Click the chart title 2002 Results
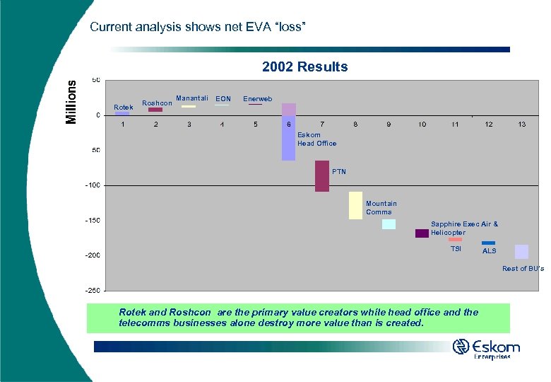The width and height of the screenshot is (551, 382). [x=304, y=67]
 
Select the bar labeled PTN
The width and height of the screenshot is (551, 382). [x=322, y=176]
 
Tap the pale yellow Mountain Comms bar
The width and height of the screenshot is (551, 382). [x=355, y=205]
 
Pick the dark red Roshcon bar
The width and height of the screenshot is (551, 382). [x=155, y=110]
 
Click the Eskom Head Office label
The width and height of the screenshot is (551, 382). [x=316, y=139]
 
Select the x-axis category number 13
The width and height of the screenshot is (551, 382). [x=521, y=125]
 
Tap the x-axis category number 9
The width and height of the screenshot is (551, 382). [x=389, y=125]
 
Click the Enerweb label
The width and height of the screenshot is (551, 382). [x=257, y=99]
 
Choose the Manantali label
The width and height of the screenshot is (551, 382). [x=191, y=98]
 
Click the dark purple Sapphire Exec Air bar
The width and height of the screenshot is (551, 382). [x=422, y=233]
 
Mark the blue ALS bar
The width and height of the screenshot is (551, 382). [x=488, y=243]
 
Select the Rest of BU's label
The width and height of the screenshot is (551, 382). [x=523, y=268]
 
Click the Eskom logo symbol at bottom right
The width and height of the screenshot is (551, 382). [x=461, y=347]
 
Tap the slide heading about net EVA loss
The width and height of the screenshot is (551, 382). [x=198, y=27]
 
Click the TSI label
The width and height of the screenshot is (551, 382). [x=456, y=249]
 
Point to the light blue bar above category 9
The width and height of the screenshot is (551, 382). [x=389, y=224]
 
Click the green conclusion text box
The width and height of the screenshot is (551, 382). [x=298, y=318]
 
